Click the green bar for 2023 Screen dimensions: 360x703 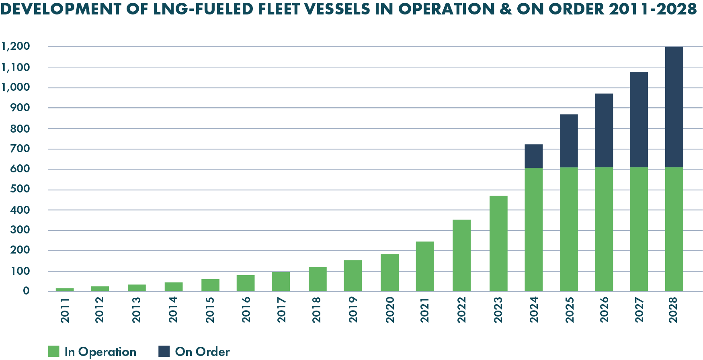(x=498, y=243)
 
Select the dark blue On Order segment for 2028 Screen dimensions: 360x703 (x=674, y=107)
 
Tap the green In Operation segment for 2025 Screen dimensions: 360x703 (x=569, y=229)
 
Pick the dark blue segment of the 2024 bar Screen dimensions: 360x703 (x=534, y=156)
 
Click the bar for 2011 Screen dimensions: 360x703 (x=65, y=289)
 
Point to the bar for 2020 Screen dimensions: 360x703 (x=389, y=272)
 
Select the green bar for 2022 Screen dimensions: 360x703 (x=461, y=255)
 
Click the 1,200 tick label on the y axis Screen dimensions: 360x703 (x=16, y=47)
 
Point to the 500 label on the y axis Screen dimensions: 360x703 (x=21, y=189)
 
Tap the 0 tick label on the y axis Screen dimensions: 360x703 (x=27, y=291)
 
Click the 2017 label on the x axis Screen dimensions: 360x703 (x=281, y=310)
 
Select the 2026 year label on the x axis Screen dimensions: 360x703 (x=604, y=310)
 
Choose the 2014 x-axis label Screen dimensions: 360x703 (x=173, y=310)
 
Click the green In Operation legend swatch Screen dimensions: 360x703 (x=53, y=352)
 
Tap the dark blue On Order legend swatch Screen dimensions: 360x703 (x=164, y=352)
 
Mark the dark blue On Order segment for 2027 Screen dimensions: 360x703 (x=639, y=120)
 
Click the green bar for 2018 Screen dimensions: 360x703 (x=318, y=279)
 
